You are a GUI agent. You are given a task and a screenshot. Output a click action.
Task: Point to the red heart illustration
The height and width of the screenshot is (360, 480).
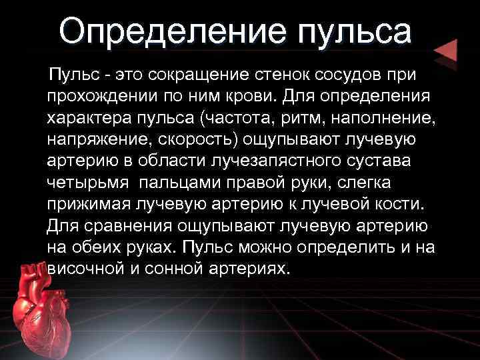[41, 309]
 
